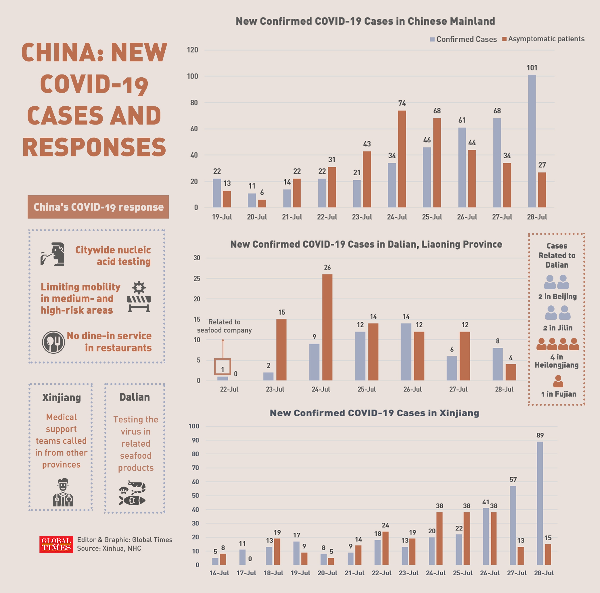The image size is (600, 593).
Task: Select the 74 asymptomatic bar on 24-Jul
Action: tap(402, 159)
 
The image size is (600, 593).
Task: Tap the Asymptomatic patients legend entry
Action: tap(543, 39)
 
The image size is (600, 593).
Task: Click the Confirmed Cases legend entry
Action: tap(463, 39)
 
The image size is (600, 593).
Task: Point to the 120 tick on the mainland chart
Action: tap(192, 50)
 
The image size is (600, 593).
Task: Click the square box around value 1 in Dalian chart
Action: tap(222, 367)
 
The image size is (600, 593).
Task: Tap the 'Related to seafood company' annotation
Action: tap(224, 326)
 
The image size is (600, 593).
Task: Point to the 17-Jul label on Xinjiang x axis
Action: tap(246, 573)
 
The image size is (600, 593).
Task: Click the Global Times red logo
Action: tap(56, 544)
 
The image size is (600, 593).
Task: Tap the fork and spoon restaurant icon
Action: tap(53, 342)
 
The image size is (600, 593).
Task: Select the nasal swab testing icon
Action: tap(53, 254)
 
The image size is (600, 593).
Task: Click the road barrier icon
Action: tap(139, 297)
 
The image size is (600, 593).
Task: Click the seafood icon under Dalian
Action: tap(133, 493)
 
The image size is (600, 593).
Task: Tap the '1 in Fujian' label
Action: tap(558, 394)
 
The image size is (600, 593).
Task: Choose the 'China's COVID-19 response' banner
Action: tap(98, 207)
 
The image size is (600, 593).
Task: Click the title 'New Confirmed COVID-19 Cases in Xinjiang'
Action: tap(374, 413)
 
